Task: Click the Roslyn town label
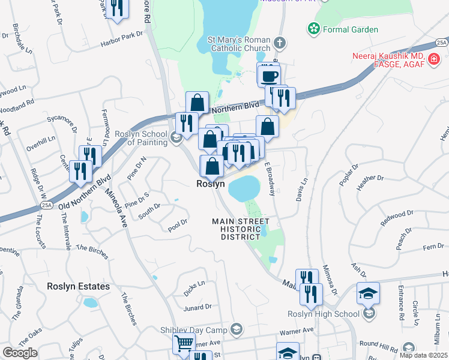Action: click(x=211, y=184)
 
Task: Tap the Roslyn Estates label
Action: click(x=79, y=287)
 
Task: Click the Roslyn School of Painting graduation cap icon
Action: click(x=176, y=139)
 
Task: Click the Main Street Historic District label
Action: click(x=241, y=229)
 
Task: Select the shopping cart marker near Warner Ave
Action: click(x=184, y=344)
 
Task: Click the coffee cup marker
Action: click(x=269, y=76)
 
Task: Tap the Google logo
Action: click(x=20, y=353)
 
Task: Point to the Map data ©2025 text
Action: click(x=422, y=355)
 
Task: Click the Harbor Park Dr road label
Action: click(x=122, y=37)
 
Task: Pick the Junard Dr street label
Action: click(x=198, y=307)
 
